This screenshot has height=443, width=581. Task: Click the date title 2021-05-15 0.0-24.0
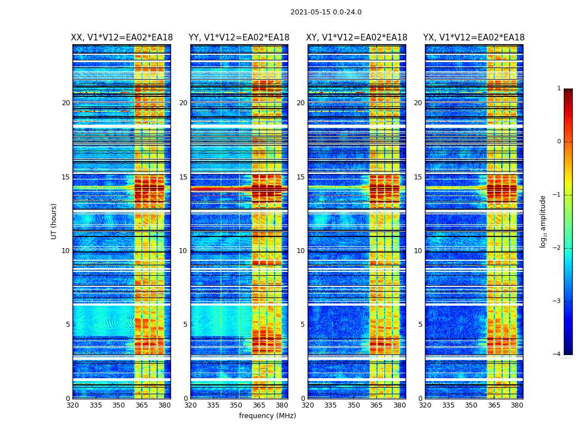click(x=326, y=12)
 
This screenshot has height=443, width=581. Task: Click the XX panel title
click(x=122, y=38)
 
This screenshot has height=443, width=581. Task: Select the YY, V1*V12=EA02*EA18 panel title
click(x=239, y=38)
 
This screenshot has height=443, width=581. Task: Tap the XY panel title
click(x=357, y=38)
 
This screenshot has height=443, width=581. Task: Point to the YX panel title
click(x=474, y=38)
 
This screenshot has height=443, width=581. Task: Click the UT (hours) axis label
click(x=54, y=221)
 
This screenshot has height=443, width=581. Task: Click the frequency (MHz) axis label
click(x=267, y=416)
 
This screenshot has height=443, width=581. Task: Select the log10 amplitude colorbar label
click(x=543, y=221)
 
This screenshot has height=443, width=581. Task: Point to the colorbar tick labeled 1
click(x=559, y=89)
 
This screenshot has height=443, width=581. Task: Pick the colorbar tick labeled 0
click(x=559, y=142)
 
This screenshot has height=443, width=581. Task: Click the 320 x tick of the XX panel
click(x=72, y=405)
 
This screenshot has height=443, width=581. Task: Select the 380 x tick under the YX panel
click(x=517, y=405)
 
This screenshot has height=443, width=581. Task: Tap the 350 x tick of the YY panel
click(x=236, y=405)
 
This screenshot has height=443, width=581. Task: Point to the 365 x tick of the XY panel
click(x=376, y=405)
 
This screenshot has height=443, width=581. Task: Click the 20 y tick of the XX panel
click(x=66, y=103)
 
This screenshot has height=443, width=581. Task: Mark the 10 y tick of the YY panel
click(x=183, y=251)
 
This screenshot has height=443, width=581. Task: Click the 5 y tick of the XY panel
click(x=303, y=324)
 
